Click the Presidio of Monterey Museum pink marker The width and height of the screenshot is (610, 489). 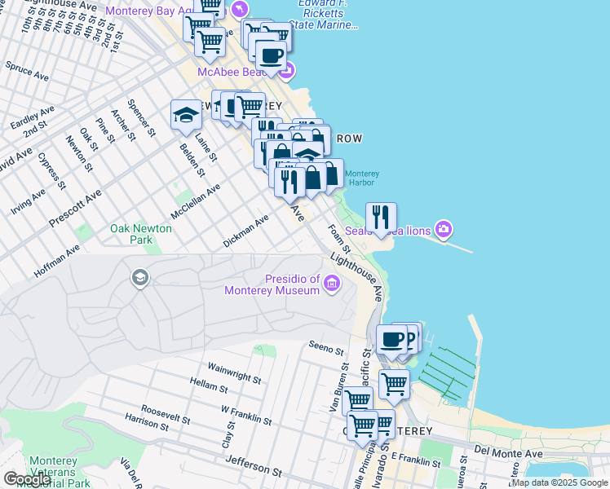pos(332,284)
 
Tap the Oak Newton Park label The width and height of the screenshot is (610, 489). pos(141,235)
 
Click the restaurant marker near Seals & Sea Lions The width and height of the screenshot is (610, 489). pos(381,218)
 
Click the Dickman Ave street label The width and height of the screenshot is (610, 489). pos(246,231)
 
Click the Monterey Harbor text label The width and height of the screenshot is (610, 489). pos(362,178)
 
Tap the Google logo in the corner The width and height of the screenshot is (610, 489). pos(28,479)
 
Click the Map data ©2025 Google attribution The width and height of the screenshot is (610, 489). pos(559,482)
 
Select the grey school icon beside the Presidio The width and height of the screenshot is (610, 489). pos(139,279)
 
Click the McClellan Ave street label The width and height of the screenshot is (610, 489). pos(196,201)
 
